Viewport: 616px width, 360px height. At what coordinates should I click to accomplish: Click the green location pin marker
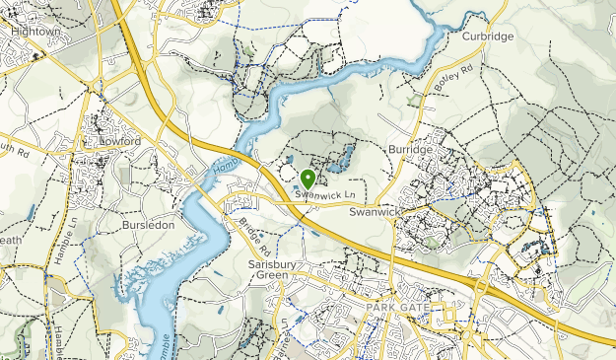pos(308,180)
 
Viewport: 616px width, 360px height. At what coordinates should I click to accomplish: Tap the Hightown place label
pos(35,32)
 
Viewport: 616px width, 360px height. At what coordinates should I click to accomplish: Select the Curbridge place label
pos(488,36)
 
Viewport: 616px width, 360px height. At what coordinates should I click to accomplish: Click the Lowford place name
pos(121,142)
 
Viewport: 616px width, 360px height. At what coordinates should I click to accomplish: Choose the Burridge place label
pos(410,149)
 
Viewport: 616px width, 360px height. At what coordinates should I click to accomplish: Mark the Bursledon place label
pos(148,225)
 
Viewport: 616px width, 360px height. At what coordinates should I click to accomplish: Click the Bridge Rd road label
pos(252,234)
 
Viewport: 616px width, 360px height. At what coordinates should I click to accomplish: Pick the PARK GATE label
pos(400,309)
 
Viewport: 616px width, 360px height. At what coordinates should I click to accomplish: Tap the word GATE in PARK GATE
pos(418,309)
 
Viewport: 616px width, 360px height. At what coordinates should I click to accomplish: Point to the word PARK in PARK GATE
pos(382,309)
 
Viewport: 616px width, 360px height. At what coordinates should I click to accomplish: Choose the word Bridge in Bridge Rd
pos(246,228)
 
